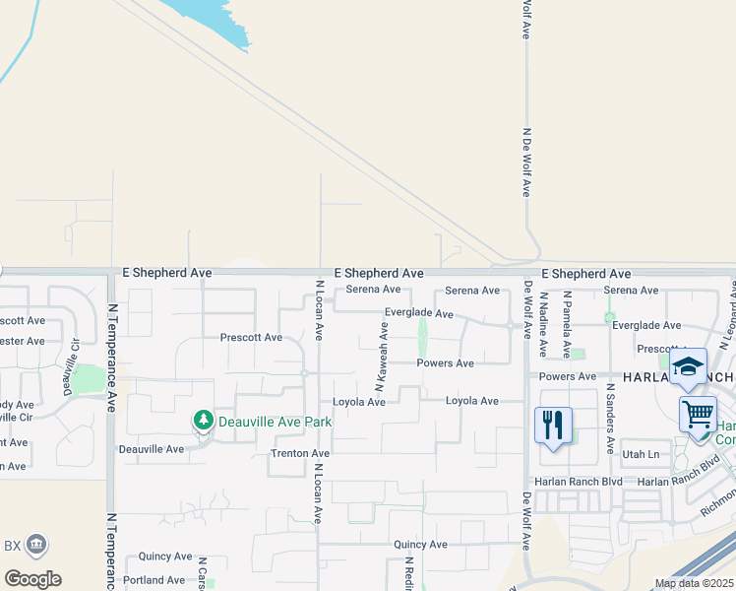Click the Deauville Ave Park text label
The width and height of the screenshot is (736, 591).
coord(275,422)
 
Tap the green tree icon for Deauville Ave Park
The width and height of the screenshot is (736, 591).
coord(204,422)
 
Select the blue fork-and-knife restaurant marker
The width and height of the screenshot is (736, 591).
coord(552,426)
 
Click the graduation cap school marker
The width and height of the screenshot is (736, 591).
coord(688,367)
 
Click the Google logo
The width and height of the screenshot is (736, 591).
coord(31,578)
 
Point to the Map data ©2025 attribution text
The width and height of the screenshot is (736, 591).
coord(693,583)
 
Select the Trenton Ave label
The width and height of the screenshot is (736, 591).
coord(300,453)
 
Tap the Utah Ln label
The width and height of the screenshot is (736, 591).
coord(641,454)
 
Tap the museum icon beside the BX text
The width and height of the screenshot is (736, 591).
coord(36,544)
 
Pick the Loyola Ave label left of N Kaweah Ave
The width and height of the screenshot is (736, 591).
coord(358,402)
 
